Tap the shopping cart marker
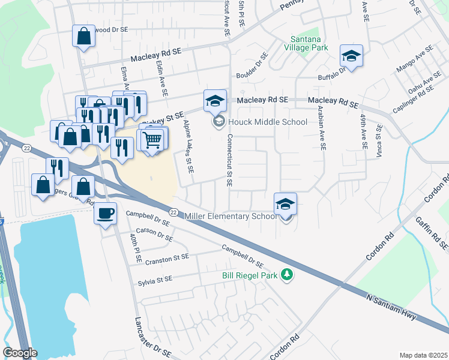click(153, 140)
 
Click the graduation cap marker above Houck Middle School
click(214, 101)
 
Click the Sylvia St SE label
click(155, 280)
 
